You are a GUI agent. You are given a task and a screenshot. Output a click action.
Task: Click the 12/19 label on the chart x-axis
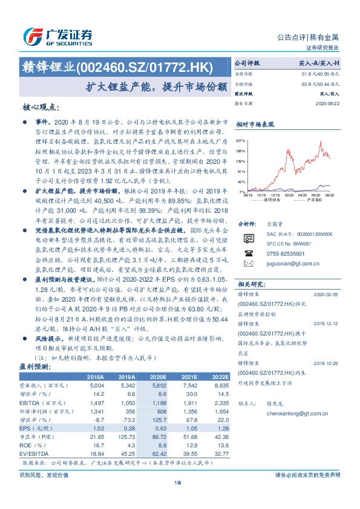275,195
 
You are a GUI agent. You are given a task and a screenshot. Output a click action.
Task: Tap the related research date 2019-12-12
327,323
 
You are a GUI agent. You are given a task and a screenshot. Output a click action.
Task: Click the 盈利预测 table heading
34,366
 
